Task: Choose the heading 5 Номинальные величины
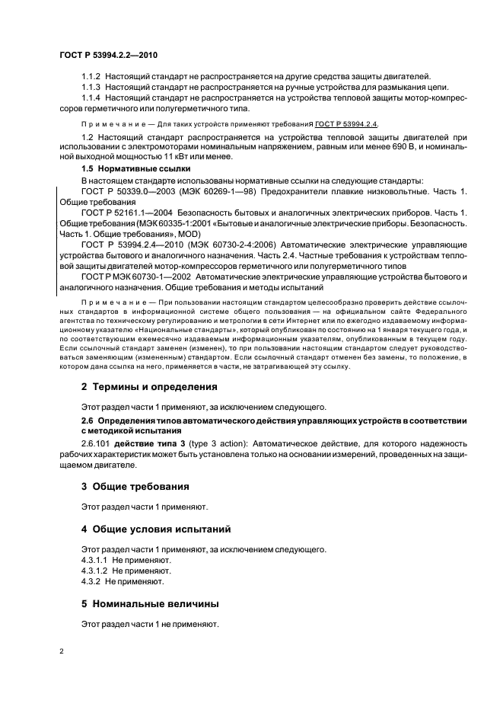tap(150, 603)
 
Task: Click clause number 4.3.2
tap(91, 581)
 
